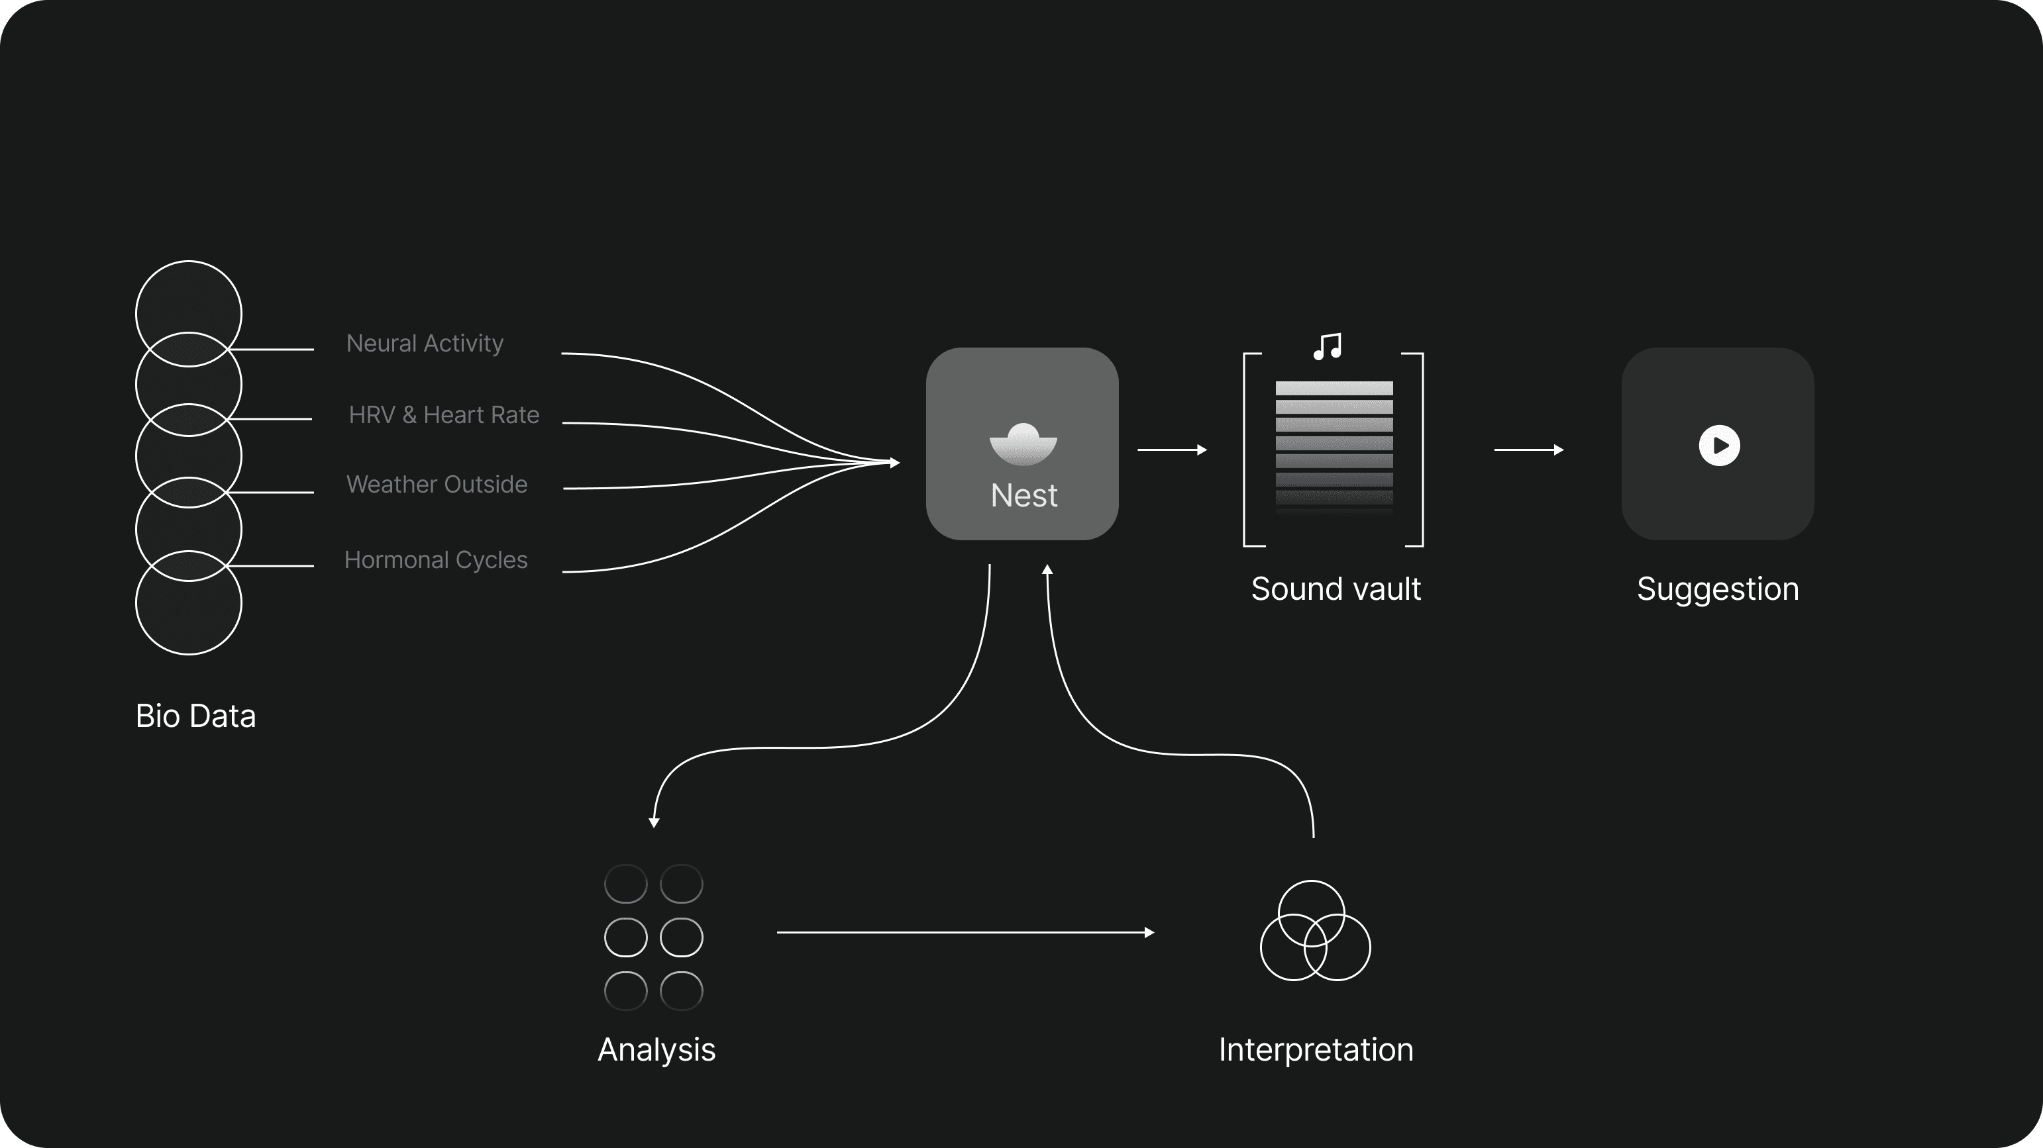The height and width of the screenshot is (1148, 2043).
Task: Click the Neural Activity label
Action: (425, 344)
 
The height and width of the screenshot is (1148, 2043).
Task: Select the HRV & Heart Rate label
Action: (443, 414)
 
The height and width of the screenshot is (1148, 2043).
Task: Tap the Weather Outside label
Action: (436, 485)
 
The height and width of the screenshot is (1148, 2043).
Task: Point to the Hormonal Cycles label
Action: (435, 559)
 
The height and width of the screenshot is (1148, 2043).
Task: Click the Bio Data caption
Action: (195, 716)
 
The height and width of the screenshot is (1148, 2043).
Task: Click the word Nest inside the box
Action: (1023, 495)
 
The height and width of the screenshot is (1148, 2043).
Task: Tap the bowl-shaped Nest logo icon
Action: (1023, 444)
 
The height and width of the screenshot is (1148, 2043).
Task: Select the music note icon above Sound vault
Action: (1327, 346)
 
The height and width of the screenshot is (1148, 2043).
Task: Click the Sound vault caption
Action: (1336, 589)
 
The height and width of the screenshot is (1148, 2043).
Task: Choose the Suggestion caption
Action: (1717, 589)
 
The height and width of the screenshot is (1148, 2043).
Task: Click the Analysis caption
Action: (656, 1050)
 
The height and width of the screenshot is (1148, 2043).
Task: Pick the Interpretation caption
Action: (1315, 1050)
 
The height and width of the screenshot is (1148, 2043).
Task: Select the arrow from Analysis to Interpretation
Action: (965, 932)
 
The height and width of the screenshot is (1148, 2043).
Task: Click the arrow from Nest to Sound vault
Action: (1171, 450)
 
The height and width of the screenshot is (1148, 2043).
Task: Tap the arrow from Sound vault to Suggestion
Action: (1528, 450)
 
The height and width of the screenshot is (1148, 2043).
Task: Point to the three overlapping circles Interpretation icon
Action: (1315, 931)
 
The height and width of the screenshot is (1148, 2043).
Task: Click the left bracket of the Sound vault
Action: (1246, 450)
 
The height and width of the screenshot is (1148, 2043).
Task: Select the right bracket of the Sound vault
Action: (1421, 450)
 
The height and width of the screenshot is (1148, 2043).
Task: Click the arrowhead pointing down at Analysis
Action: (653, 822)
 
